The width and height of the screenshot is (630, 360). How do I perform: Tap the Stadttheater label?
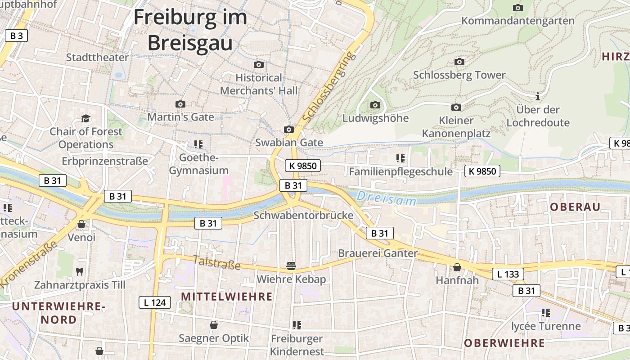click(x=97, y=57)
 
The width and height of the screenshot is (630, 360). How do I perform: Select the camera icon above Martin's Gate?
click(x=180, y=104)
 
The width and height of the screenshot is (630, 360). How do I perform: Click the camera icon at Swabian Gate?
click(x=289, y=130)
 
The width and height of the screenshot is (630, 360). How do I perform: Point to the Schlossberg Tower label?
click(x=459, y=75)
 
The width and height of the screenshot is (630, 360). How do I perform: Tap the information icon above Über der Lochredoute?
click(x=537, y=96)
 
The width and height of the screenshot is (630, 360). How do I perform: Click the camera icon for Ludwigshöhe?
click(x=375, y=105)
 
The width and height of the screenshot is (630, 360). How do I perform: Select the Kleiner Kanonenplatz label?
click(x=456, y=127)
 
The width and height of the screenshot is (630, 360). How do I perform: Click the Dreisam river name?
click(x=387, y=198)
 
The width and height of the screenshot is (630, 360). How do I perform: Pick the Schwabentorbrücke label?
click(x=303, y=215)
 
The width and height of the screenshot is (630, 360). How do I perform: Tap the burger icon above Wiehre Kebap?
click(x=291, y=266)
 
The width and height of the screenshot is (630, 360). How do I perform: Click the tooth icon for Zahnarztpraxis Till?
click(x=80, y=271)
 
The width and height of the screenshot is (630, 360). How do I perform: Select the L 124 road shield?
click(x=154, y=302)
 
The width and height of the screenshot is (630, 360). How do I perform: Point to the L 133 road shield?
click(x=508, y=274)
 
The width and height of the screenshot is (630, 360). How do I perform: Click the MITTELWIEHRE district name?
click(x=227, y=296)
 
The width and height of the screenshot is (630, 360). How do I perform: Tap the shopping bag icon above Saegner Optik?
click(x=214, y=325)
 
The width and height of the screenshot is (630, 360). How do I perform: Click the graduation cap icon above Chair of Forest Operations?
click(x=85, y=118)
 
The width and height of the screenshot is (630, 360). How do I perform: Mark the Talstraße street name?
click(x=217, y=262)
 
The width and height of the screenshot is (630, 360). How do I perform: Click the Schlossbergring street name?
click(x=329, y=87)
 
